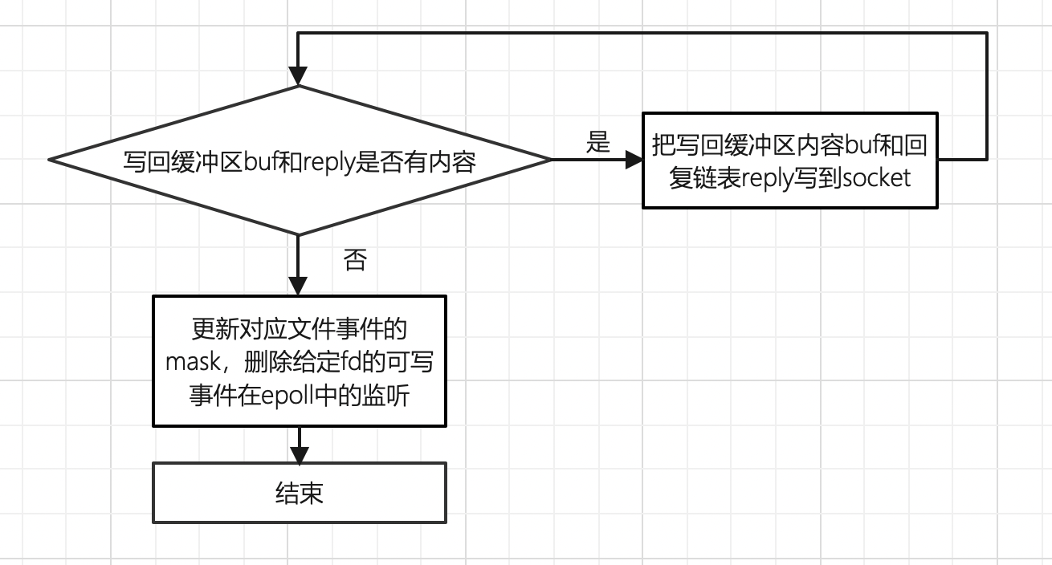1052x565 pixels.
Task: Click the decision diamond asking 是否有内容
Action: point(299,160)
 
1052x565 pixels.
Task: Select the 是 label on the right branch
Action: point(598,143)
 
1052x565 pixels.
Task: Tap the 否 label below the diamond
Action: point(355,259)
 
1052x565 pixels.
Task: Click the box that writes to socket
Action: point(790,160)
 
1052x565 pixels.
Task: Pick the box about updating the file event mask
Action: point(299,361)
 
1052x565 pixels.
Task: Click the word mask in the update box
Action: point(193,363)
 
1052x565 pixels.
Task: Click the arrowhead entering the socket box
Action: point(634,160)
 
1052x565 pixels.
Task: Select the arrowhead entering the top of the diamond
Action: point(298,76)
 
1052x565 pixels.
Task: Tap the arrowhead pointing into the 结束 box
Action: point(299,454)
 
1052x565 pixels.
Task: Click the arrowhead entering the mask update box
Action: point(298,287)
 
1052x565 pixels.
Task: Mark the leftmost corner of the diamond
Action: point(50,159)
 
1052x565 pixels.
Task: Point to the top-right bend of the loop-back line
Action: point(986,33)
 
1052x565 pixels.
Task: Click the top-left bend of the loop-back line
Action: point(298,33)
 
